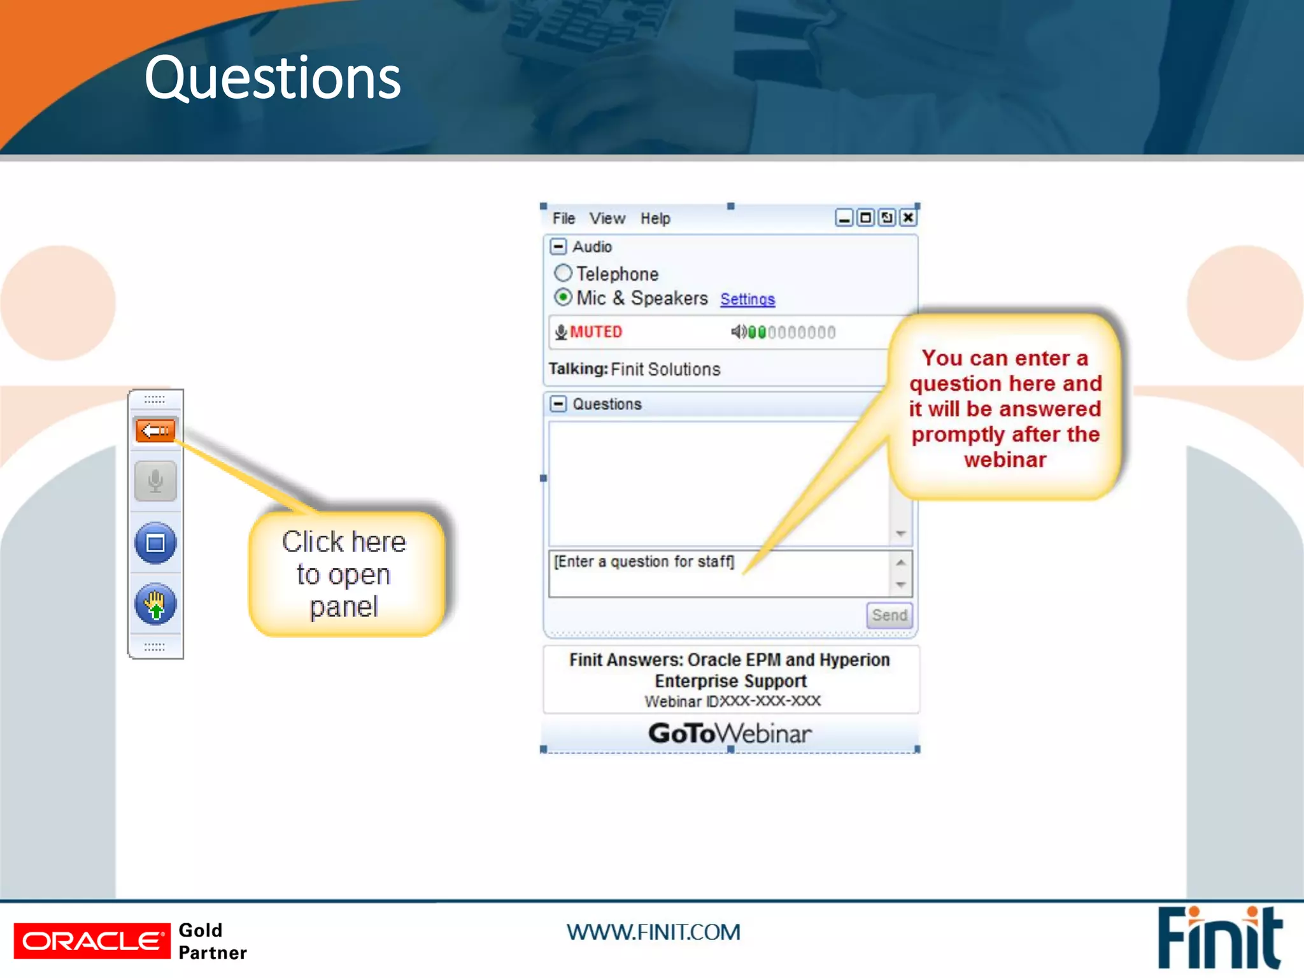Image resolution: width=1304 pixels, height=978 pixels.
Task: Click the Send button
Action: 889,615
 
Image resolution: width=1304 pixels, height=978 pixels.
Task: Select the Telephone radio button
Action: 563,273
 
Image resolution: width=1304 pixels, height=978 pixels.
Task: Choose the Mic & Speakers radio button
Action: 563,297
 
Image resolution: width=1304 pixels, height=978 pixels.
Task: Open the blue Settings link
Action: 748,299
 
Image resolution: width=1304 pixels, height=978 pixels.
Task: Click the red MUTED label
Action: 595,332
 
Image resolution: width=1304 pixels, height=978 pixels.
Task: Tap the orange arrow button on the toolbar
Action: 155,431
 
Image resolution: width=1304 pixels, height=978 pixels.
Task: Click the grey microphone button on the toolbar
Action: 155,481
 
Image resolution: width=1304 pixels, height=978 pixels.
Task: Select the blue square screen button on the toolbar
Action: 155,543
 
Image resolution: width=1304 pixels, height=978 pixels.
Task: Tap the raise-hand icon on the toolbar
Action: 155,604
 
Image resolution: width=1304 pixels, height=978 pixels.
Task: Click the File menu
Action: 563,218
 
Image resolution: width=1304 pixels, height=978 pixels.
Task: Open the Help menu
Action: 655,218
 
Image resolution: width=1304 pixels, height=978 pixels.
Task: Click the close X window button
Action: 909,218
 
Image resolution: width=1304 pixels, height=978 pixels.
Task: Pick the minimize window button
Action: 844,218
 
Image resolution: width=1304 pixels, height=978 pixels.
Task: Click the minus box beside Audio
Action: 558,246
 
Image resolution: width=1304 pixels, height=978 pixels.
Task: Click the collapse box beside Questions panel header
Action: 558,404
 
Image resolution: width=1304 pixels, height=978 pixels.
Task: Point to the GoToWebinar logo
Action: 730,733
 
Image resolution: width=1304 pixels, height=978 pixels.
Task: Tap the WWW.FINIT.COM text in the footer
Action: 653,932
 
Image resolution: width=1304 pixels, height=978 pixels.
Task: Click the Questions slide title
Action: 273,78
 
